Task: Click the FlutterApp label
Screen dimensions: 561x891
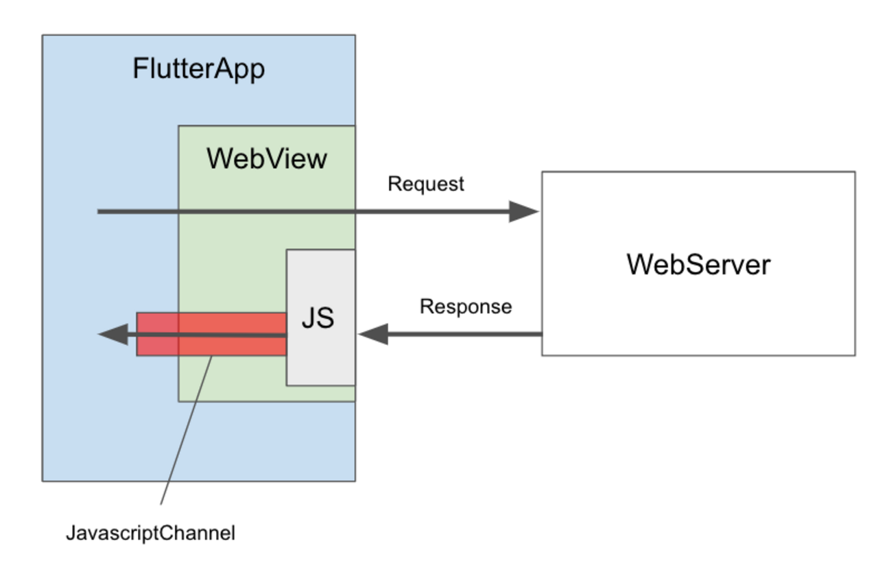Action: (198, 69)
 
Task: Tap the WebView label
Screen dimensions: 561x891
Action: (267, 158)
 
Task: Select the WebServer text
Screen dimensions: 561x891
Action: (698, 264)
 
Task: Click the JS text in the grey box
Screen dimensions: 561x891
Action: (318, 318)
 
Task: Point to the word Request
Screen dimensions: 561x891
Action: (426, 184)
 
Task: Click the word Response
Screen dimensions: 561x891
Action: (466, 306)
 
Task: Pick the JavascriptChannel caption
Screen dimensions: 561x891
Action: (150, 533)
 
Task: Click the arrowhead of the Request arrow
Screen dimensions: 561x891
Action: (524, 211)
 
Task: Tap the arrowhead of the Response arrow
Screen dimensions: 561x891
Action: (372, 335)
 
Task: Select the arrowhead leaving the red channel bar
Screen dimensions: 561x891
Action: (112, 335)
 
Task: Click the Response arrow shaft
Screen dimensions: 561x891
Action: (466, 335)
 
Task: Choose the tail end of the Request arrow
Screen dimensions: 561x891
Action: (99, 211)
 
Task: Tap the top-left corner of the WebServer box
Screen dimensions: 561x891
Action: (543, 172)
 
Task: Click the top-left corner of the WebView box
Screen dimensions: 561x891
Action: (179, 126)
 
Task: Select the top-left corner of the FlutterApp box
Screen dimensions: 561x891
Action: (43, 36)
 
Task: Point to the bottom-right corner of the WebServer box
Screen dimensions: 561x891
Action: (855, 355)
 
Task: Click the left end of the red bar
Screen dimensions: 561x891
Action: (138, 334)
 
